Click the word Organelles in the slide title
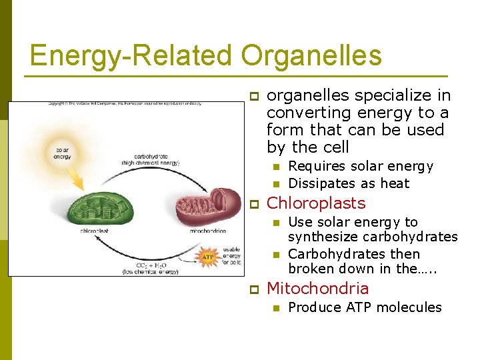click(311, 55)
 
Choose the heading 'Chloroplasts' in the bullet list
click(316, 203)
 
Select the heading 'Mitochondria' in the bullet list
click(317, 289)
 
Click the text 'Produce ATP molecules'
click(365, 307)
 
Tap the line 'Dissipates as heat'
click(349, 183)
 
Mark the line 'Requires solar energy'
click(360, 166)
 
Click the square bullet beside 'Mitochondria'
click(253, 289)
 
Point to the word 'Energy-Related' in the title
click(132, 55)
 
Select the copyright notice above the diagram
click(124, 104)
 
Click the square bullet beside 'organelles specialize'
click(253, 97)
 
